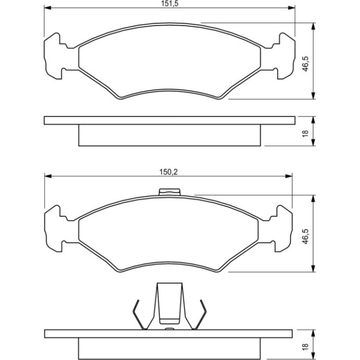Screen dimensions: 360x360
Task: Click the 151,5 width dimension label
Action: (169, 4)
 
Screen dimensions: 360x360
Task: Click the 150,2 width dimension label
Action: (168, 172)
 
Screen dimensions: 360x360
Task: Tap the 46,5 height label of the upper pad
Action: (306, 64)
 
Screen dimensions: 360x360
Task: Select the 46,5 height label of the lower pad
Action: (306, 236)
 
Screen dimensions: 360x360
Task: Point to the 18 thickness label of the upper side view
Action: (306, 134)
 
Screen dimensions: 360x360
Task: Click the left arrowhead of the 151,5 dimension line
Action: (47, 8)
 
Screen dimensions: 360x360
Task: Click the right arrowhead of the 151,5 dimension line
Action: (292, 8)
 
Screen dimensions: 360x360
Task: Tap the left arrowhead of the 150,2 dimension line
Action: (48, 176)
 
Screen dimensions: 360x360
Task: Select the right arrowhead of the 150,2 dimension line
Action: (289, 176)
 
